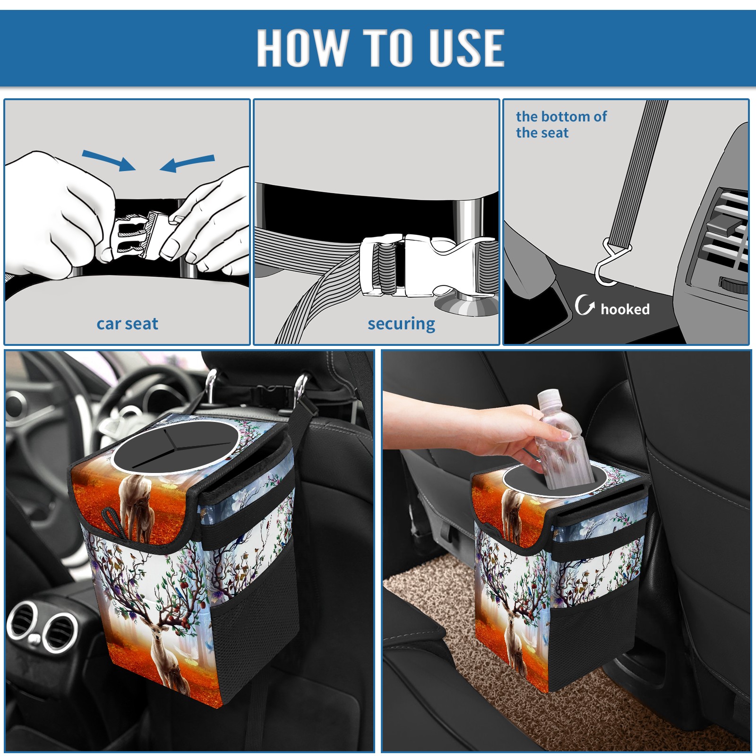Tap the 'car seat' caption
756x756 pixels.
(127, 324)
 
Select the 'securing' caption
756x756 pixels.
(401, 324)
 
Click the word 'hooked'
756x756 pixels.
(625, 309)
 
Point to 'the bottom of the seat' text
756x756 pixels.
(561, 124)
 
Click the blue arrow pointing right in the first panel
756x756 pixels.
(109, 160)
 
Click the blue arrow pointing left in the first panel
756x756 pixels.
(187, 163)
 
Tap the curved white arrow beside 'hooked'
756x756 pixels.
(584, 305)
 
